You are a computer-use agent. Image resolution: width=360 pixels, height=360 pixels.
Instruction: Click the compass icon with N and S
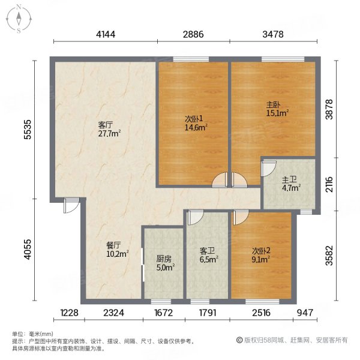click(x=19, y=18)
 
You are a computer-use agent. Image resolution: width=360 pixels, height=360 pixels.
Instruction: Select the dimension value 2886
click(x=194, y=34)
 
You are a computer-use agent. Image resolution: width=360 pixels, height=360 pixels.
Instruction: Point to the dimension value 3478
click(x=273, y=34)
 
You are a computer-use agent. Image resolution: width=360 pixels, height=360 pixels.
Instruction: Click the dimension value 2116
click(x=329, y=183)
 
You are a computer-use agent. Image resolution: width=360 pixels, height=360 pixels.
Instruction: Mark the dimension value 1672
click(x=163, y=311)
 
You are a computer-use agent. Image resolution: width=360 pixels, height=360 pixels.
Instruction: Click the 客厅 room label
click(x=106, y=125)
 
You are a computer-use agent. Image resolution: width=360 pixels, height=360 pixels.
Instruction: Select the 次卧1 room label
click(x=193, y=118)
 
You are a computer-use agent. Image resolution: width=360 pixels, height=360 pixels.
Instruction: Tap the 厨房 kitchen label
click(x=163, y=259)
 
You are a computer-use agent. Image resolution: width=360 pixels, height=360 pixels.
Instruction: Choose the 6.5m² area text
click(x=208, y=260)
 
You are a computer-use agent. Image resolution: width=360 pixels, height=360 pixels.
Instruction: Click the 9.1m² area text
click(x=260, y=260)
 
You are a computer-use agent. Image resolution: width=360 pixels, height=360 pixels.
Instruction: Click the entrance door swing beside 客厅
click(x=71, y=206)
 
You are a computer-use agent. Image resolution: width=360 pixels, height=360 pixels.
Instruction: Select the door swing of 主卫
click(x=268, y=167)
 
